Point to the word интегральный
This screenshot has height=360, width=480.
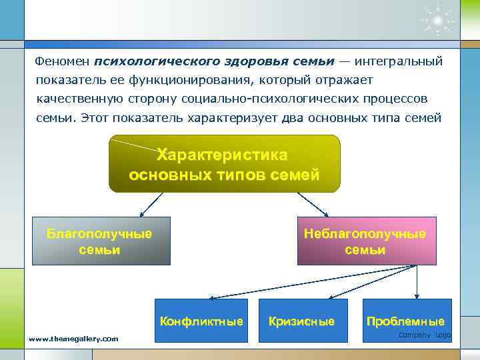coord(399,61)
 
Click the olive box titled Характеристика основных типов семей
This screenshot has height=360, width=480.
coord(224,164)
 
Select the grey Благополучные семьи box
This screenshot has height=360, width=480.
coord(101,241)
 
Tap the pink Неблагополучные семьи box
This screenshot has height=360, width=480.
coord(365,241)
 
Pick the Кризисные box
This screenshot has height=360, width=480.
coord(301,321)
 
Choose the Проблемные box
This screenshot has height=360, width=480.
coord(405,321)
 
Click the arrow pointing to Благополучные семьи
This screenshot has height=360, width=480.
coord(149,203)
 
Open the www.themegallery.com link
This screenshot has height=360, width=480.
coord(73,339)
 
